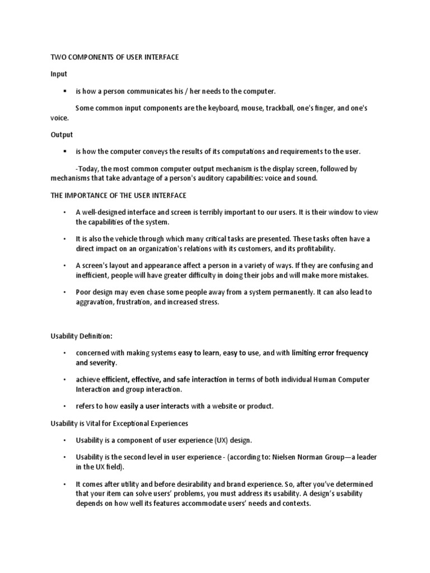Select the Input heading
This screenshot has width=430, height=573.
point(59,74)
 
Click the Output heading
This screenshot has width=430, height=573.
point(62,135)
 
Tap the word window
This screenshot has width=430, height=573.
point(342,212)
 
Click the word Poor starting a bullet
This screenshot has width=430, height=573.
point(84,292)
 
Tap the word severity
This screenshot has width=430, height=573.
point(102,363)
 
